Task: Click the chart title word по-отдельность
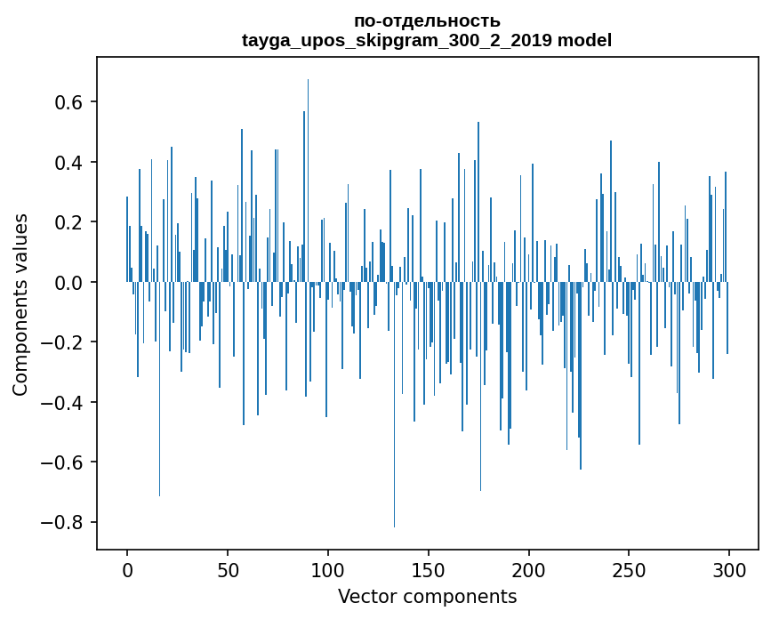pos(427,20)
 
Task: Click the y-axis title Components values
pos(20,304)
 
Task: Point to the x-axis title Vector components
pos(427,596)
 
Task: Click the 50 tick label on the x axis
pos(228,569)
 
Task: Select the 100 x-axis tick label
pos(328,569)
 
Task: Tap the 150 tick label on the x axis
pos(429,569)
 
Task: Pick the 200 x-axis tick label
pos(529,569)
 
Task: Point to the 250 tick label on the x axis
pos(629,569)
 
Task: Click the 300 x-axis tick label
pos(729,569)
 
